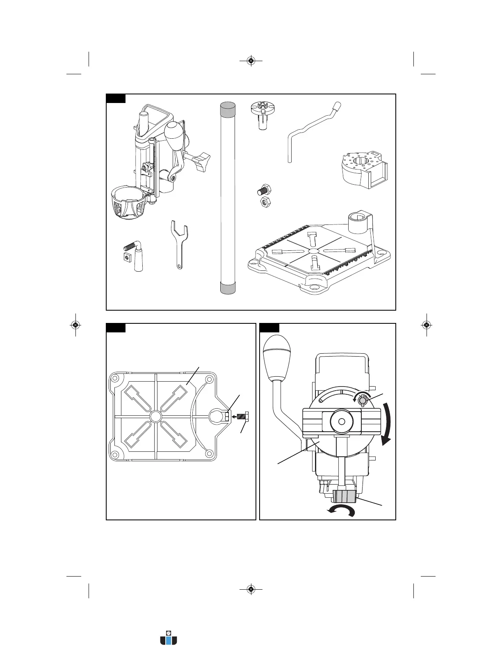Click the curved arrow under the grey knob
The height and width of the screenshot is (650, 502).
coord(341,511)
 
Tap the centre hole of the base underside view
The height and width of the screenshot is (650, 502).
coord(155,417)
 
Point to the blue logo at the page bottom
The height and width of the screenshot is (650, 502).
coord(169,638)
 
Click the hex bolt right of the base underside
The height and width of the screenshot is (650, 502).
coord(245,417)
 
